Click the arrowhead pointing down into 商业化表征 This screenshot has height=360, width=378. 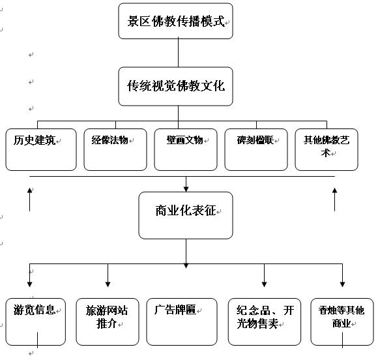pyautogui.click(x=186, y=189)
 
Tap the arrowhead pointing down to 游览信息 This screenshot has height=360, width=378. pyautogui.click(x=29, y=284)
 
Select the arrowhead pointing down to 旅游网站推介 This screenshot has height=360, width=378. pyautogui.click(x=108, y=284)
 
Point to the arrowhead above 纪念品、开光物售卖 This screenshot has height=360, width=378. pyautogui.click(x=264, y=284)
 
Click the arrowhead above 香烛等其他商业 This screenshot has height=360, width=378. pyautogui.click(x=342, y=284)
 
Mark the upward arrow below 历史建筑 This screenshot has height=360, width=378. pyautogui.click(x=29, y=200)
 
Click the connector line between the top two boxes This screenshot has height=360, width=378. pyautogui.click(x=178, y=53)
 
